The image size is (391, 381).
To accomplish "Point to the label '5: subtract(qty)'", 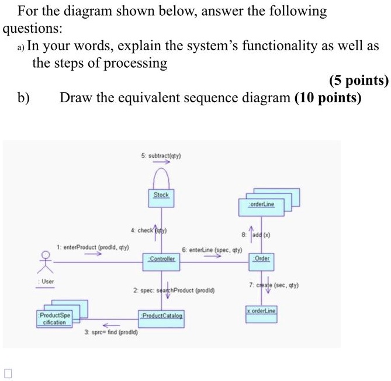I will (x=161, y=156).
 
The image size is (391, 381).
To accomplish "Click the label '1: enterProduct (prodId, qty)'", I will (x=93, y=248).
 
